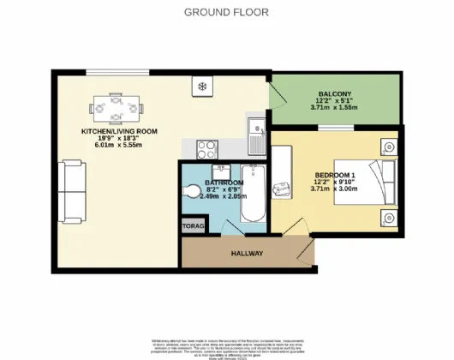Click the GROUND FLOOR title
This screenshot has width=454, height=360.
point(226,12)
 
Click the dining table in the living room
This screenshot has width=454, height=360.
point(116,109)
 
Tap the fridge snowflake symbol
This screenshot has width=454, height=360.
point(202,87)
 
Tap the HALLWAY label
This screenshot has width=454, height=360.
point(247,255)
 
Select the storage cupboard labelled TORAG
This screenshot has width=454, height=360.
point(190,226)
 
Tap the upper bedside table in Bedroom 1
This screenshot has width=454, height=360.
point(389,145)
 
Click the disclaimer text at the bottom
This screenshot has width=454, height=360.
point(226,345)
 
